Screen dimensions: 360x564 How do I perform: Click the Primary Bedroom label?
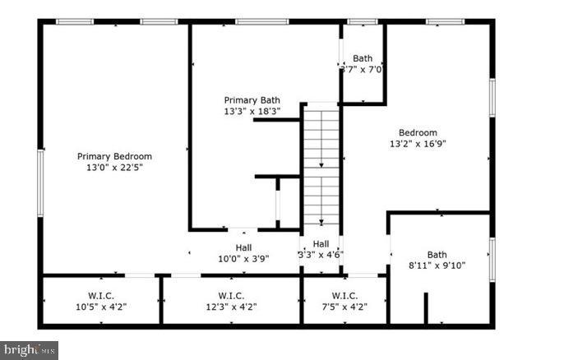[x=114, y=156]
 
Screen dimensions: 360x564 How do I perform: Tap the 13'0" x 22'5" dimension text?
[x=114, y=167]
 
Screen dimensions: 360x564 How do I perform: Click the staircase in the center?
[x=321, y=164]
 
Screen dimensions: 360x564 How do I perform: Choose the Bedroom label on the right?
[x=418, y=132]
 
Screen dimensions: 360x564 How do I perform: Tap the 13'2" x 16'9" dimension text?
[x=418, y=143]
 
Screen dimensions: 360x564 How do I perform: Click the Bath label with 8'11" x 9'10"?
[x=437, y=255]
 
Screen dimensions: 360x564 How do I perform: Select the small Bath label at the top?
[x=363, y=58]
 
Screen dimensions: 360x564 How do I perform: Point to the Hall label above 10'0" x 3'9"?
[x=243, y=247]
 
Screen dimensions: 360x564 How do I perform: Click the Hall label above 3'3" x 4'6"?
[x=321, y=244]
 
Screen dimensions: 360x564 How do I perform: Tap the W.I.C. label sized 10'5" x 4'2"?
[x=100, y=296]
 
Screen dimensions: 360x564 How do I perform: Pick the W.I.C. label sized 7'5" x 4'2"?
[x=344, y=296]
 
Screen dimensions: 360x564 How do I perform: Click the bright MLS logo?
[x=29, y=350]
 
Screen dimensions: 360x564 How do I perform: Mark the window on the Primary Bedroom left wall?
[x=39, y=182]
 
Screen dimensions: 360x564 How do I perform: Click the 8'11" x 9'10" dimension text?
[x=437, y=265]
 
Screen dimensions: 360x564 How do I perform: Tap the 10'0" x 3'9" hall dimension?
[x=243, y=257]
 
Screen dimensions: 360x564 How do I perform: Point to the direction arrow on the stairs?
[x=321, y=167]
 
